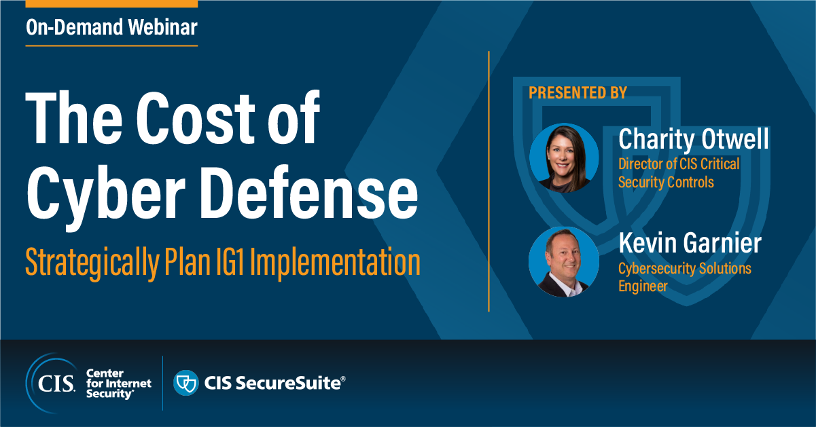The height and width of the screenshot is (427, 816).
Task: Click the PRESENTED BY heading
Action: tap(578, 93)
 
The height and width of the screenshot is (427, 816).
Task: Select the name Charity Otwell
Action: tap(694, 139)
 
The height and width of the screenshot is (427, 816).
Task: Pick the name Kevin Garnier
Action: tap(690, 242)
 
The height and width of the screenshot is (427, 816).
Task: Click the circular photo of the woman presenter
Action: tap(563, 157)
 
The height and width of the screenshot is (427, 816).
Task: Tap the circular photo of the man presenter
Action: tap(563, 261)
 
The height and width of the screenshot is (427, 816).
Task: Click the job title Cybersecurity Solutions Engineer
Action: tap(684, 277)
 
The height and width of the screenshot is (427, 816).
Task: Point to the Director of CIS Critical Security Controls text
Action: tap(679, 173)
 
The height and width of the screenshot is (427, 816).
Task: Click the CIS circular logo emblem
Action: tap(52, 384)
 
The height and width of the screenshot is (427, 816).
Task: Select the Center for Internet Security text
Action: tap(118, 384)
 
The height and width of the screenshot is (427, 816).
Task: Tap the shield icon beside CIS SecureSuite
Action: tap(185, 383)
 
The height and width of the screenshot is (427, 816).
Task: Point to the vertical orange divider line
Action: tap(489, 181)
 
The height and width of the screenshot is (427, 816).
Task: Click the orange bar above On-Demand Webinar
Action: tap(111, 3)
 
